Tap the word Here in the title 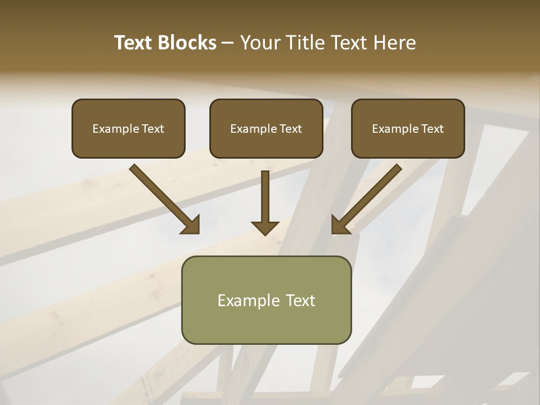tap(393, 43)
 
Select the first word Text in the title tap(135, 43)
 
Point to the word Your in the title tap(259, 43)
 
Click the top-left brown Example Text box tap(128, 128)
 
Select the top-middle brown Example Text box tap(266, 128)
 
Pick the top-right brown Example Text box tap(408, 128)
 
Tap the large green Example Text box tap(266, 300)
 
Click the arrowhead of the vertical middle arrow tap(265, 227)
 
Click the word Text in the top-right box tap(432, 128)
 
